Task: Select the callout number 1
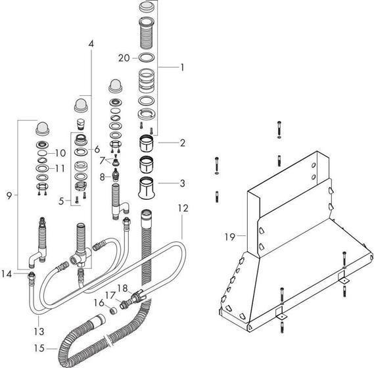click(x=182, y=67)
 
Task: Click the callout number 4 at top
click(x=91, y=43)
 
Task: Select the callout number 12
click(x=183, y=208)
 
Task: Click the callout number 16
click(x=99, y=302)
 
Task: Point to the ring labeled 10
click(x=42, y=154)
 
